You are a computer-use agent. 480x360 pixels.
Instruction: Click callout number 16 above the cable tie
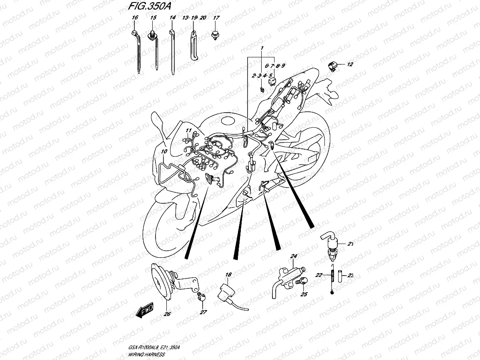(134, 18)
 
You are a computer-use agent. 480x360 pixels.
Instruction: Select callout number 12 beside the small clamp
(350, 64)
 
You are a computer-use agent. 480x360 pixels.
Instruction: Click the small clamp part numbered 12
(332, 66)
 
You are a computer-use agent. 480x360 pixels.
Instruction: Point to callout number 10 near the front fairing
(164, 151)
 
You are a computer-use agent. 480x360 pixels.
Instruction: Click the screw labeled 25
(302, 282)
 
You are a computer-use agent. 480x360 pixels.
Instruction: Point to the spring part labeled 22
(333, 279)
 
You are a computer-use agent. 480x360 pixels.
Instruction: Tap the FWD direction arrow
(145, 310)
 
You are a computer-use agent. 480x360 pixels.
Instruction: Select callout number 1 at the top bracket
(262, 49)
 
